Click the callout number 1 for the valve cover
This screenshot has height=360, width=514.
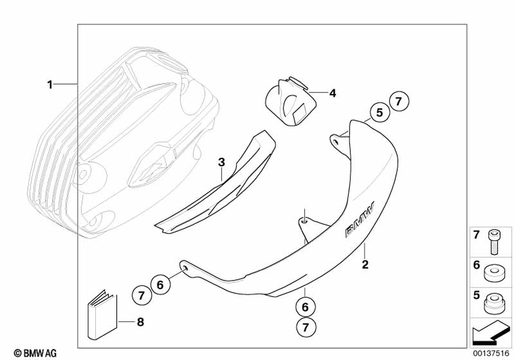click(x=50, y=84)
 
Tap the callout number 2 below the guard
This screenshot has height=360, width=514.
click(x=365, y=265)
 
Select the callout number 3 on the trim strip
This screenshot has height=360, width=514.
click(x=221, y=163)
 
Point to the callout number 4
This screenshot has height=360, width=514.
click(x=332, y=93)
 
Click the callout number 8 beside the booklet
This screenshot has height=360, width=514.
click(x=140, y=322)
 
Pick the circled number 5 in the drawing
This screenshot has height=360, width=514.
click(x=379, y=113)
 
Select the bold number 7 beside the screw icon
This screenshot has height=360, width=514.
click(x=476, y=236)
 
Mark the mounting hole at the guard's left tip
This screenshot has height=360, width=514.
click(x=182, y=266)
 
